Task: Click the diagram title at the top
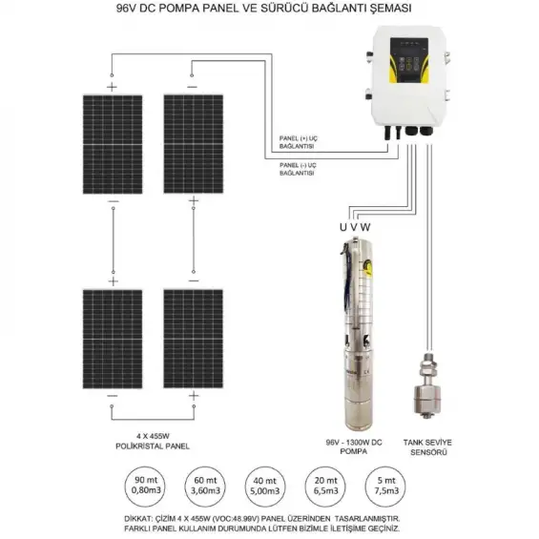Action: [269, 9]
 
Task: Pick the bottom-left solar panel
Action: [113, 338]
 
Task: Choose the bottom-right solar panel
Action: [193, 338]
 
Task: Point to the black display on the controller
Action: [408, 63]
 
